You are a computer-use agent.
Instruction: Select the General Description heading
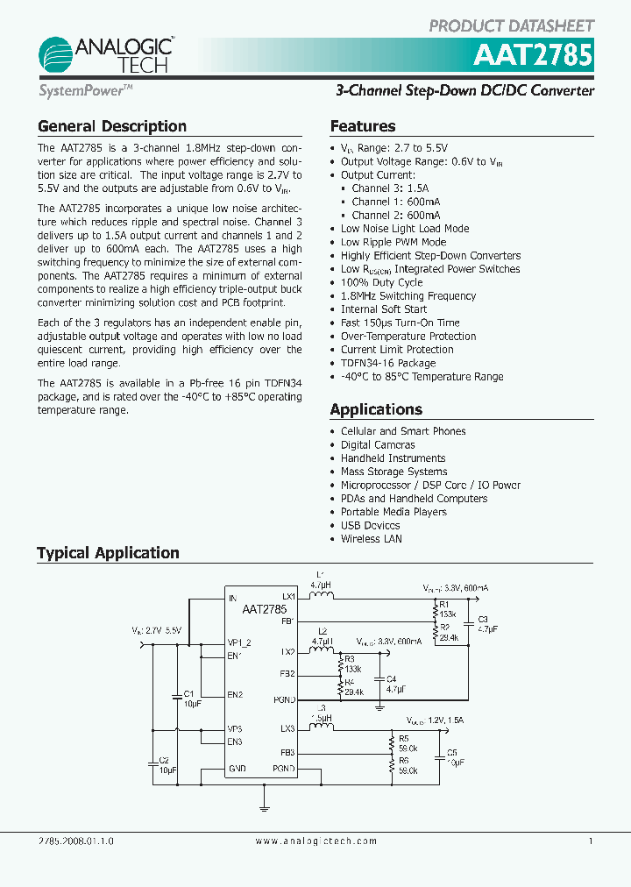(x=112, y=126)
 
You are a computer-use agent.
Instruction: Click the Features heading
(x=363, y=126)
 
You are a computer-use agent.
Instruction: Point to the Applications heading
(x=376, y=409)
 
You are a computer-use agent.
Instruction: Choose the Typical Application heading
(x=108, y=553)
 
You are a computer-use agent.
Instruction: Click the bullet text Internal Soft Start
(x=384, y=309)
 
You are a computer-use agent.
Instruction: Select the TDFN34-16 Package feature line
(x=388, y=363)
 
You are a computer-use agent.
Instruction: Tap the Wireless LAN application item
(x=372, y=539)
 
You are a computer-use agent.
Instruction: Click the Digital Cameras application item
(x=378, y=444)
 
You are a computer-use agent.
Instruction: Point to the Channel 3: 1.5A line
(x=390, y=188)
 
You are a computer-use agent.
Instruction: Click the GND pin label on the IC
(x=238, y=769)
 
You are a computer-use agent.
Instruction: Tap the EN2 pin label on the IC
(x=235, y=695)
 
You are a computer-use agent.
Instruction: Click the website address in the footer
(x=316, y=841)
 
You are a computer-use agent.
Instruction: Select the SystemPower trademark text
(x=85, y=90)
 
